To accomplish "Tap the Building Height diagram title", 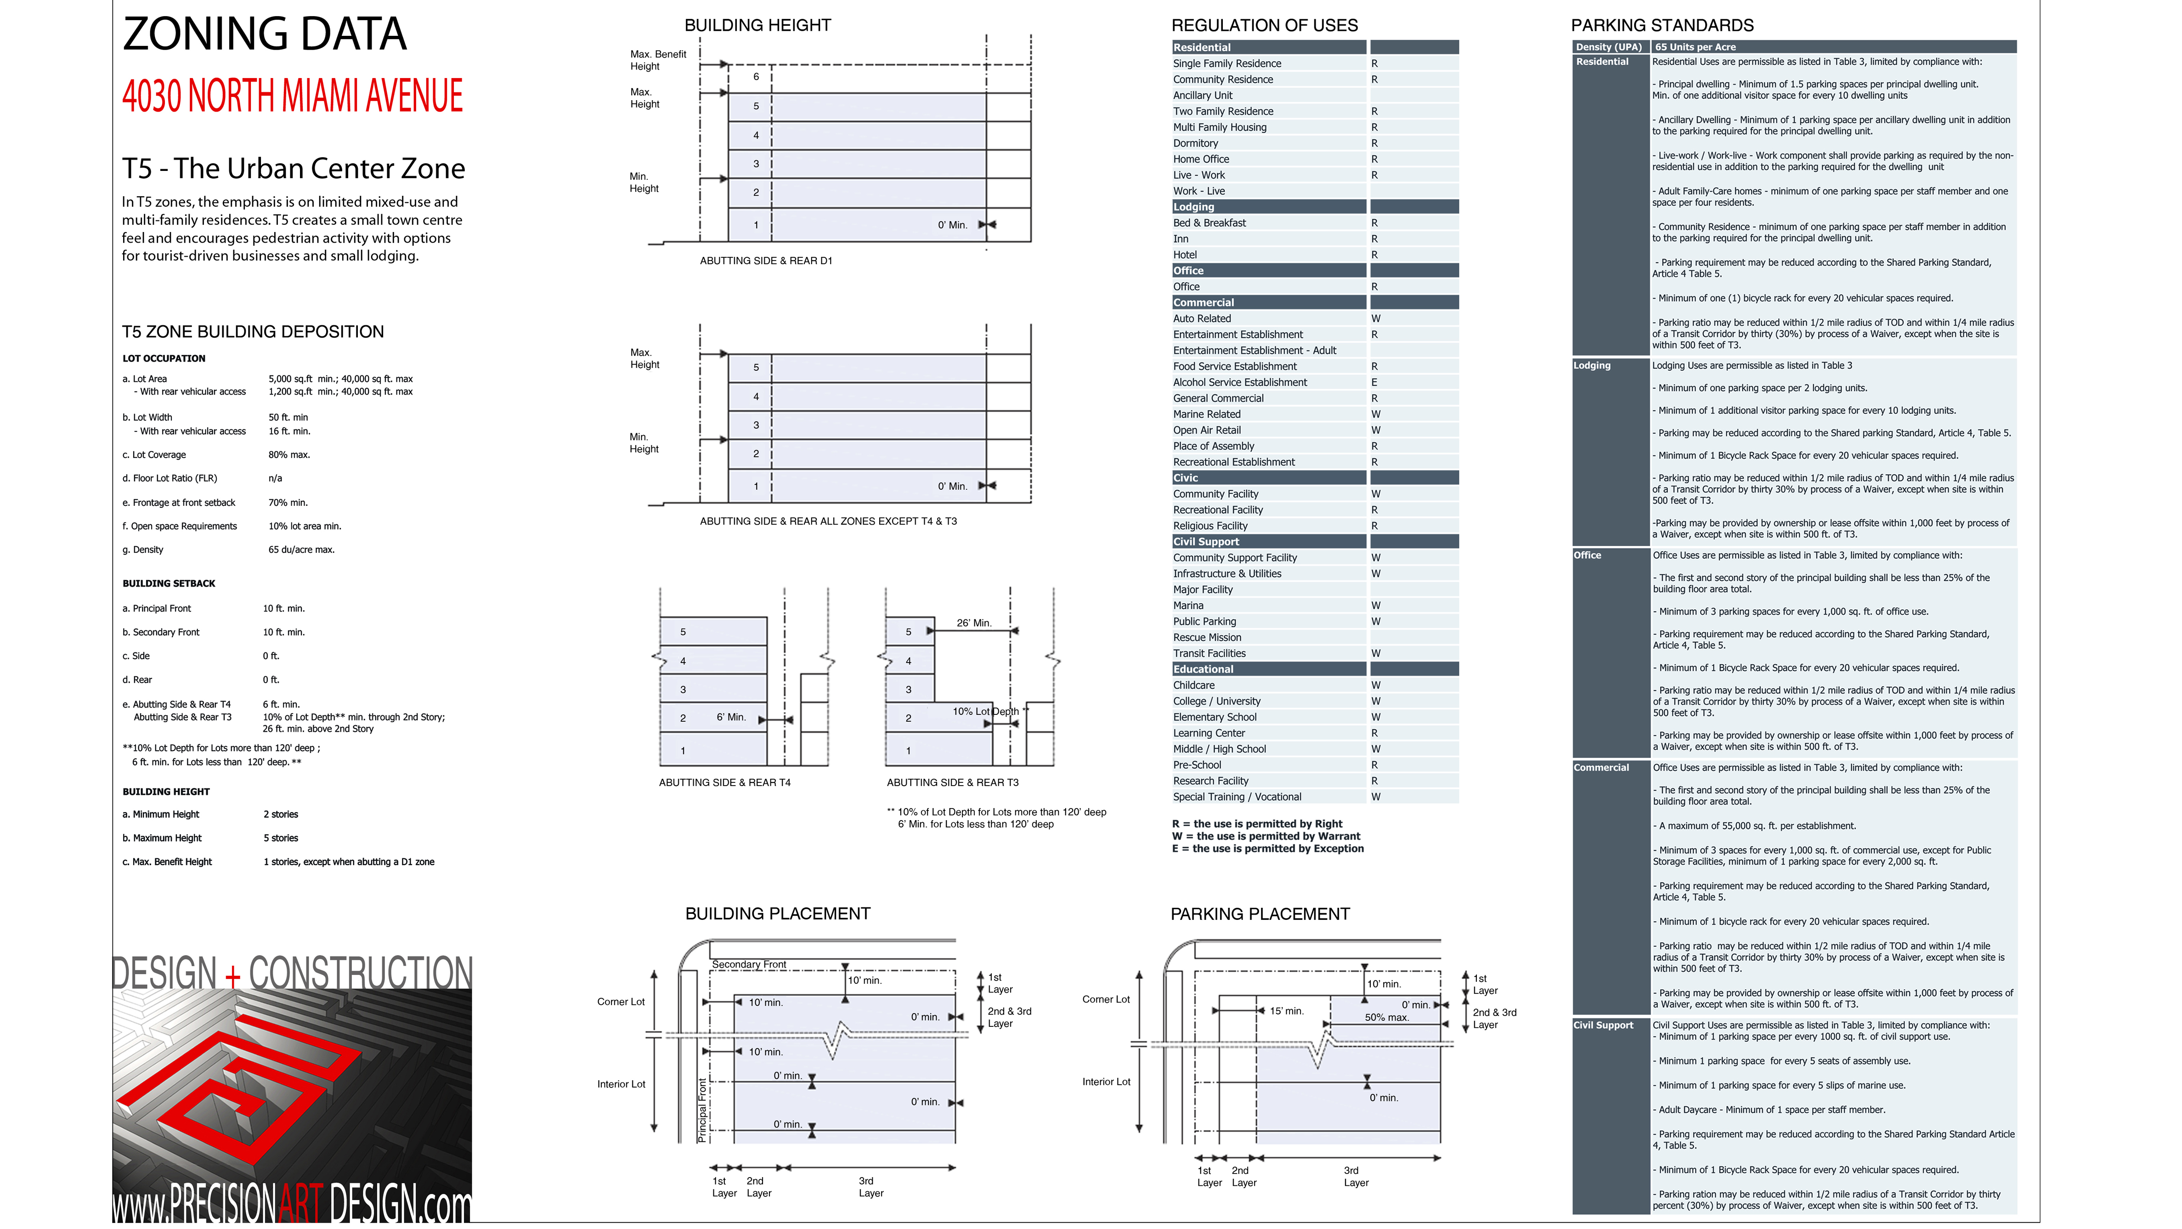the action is [757, 25].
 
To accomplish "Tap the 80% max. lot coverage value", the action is [289, 455].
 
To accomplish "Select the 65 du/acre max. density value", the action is [301, 549].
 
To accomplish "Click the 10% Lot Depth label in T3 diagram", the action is [985, 712].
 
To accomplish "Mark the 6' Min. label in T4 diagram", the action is [731, 717].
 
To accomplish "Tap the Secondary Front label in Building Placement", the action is [749, 964].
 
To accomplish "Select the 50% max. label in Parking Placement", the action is [1387, 1017].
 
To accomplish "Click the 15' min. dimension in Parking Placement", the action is [1287, 1010].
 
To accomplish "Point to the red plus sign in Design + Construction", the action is [233, 977].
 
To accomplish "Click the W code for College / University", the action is [1376, 701].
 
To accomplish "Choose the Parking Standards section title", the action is [1662, 25].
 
